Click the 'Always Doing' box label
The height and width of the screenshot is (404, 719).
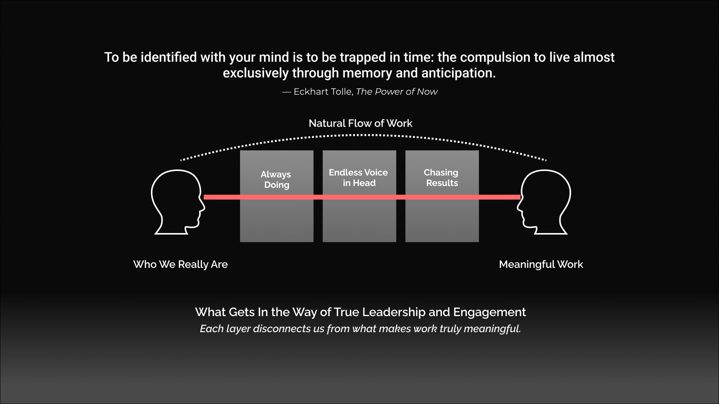coord(276,180)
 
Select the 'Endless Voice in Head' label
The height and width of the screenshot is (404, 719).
coord(358,178)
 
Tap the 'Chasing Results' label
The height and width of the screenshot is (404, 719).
coord(442,178)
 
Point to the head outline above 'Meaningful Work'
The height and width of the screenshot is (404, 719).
coord(545,202)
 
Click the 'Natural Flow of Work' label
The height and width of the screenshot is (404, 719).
coord(360,123)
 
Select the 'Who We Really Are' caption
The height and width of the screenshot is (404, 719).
coord(180,264)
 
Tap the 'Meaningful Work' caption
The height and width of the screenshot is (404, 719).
coord(541,264)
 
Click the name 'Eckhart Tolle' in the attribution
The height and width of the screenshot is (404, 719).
coord(323,92)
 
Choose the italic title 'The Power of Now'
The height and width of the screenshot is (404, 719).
coord(397,92)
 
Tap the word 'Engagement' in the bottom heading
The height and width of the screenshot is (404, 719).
coord(489,312)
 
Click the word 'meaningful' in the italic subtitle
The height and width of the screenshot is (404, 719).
coord(492,329)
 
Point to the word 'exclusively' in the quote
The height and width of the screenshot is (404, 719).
coord(255,73)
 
